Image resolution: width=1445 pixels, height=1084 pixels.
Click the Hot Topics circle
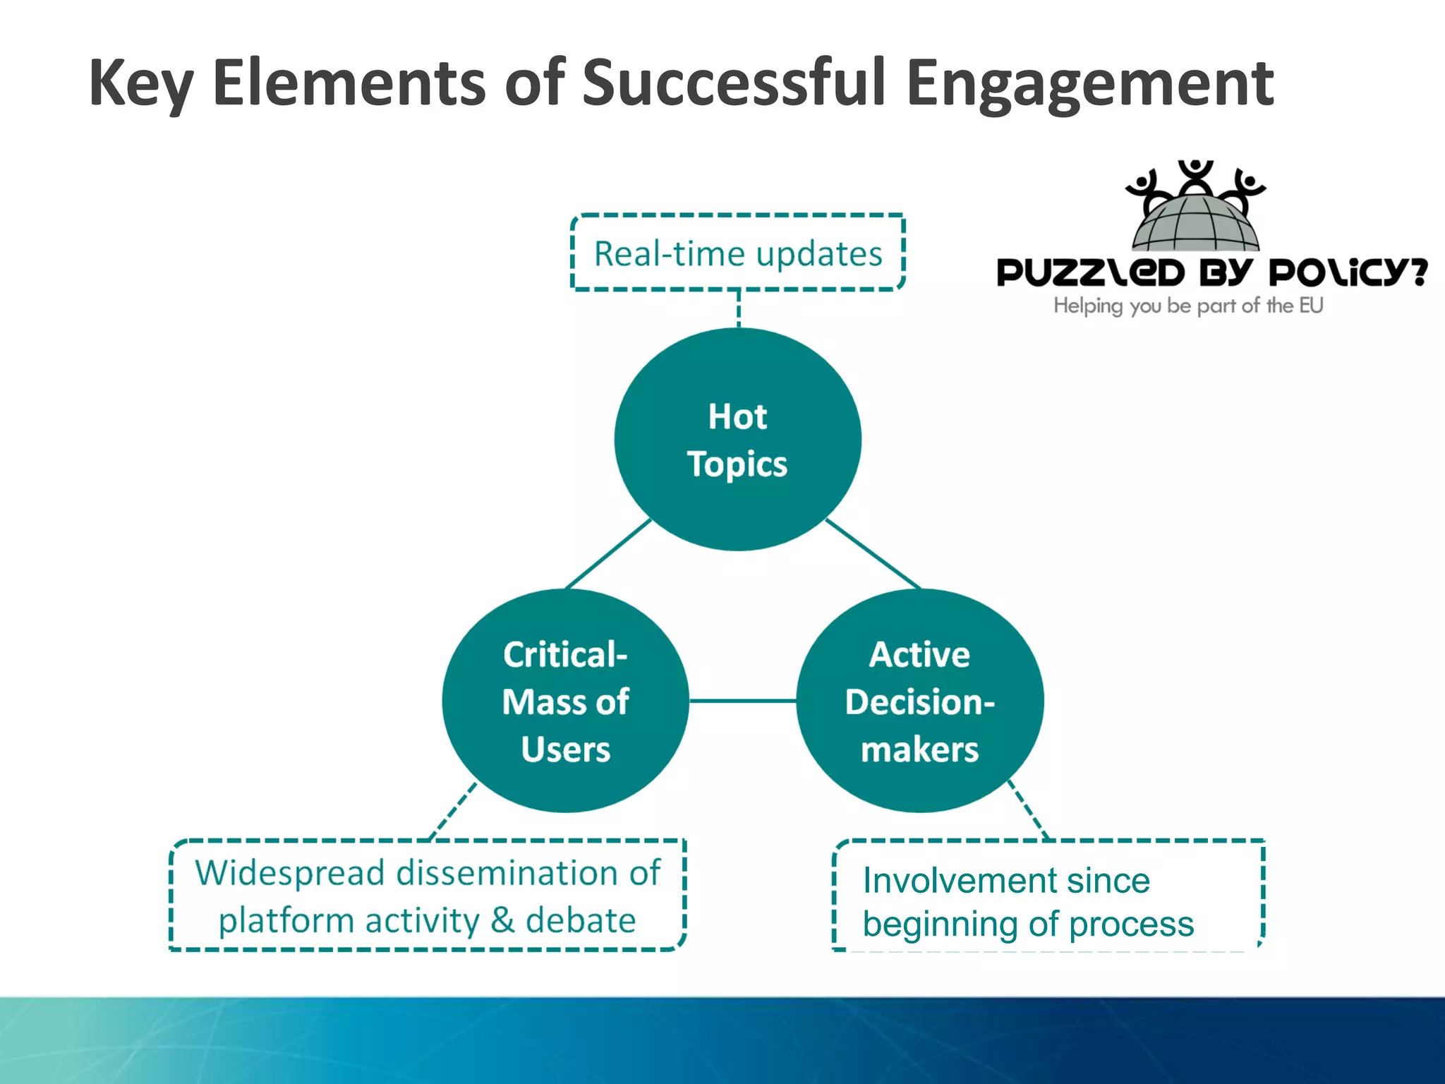click(x=737, y=439)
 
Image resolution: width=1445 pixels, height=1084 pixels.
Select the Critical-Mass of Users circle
click(x=565, y=701)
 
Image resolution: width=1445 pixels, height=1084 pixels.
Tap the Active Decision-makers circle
click(x=919, y=701)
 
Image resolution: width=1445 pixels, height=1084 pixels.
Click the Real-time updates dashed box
click(x=737, y=253)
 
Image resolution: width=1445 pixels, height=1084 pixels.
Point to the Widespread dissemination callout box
click(x=428, y=895)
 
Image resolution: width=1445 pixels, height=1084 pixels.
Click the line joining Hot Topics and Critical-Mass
click(x=608, y=554)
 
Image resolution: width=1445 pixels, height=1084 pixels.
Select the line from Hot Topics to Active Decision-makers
click(x=873, y=554)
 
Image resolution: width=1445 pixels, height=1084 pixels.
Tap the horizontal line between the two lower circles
click(x=742, y=701)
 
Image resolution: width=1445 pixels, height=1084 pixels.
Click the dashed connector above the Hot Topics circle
click(x=738, y=308)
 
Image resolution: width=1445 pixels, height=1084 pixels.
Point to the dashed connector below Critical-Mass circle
click(x=454, y=812)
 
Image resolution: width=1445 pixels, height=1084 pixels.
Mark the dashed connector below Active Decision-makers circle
click(x=1029, y=810)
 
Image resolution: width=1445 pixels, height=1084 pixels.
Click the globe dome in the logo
click(x=1195, y=223)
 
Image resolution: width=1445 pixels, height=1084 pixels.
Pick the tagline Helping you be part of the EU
click(x=1188, y=306)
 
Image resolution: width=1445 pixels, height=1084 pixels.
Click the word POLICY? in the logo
click(x=1348, y=272)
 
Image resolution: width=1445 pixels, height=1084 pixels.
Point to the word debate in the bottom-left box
click(x=581, y=920)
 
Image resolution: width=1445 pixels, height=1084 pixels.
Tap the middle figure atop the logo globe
click(x=1195, y=176)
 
